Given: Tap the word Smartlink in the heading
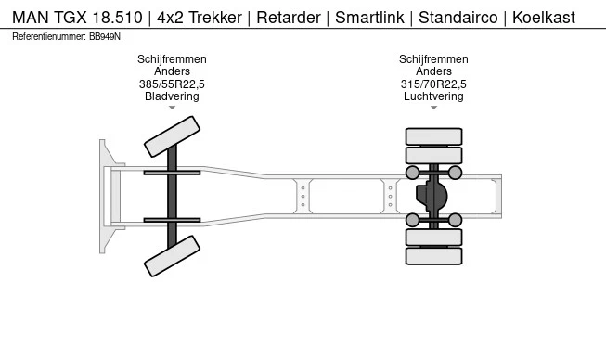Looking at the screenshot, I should tap(370, 18).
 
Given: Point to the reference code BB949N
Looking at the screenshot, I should tap(105, 36).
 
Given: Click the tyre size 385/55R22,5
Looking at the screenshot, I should tap(172, 84).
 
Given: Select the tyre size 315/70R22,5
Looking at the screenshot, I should tap(433, 84).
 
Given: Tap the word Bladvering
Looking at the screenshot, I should tap(172, 96).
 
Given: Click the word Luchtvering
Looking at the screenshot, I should tap(433, 96).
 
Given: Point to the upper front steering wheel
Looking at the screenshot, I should tap(172, 136).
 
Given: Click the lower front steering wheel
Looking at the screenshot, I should tap(173, 255).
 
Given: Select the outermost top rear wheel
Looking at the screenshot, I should tap(433, 135).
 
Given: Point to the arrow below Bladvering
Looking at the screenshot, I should tap(172, 108).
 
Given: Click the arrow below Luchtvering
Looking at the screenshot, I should tap(433, 108).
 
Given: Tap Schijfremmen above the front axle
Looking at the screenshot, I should tap(172, 59).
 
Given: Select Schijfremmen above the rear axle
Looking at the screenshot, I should tap(433, 59).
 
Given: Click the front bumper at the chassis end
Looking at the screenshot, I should tap(105, 196).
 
